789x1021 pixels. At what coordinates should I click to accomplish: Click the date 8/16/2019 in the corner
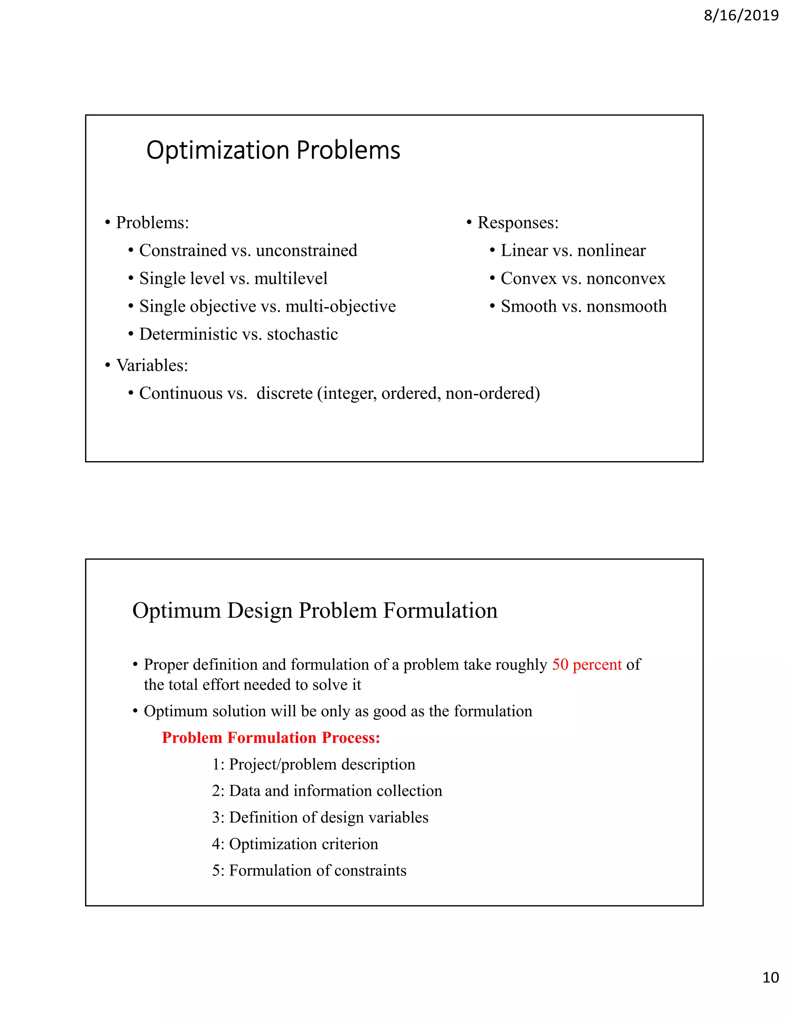[741, 16]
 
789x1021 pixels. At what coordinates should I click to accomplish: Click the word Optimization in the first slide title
[218, 151]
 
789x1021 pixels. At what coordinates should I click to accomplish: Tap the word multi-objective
[340, 307]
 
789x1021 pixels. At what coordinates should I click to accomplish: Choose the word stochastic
[302, 335]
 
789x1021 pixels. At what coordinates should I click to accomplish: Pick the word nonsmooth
[626, 307]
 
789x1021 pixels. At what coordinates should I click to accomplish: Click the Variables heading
[152, 366]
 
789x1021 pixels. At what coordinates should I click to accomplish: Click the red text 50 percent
[587, 665]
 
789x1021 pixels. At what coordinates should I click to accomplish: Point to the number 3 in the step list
[217, 818]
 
